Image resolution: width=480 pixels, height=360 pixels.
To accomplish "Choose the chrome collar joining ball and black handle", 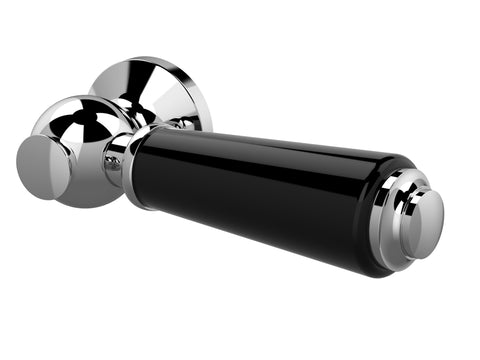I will [x=125, y=165].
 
